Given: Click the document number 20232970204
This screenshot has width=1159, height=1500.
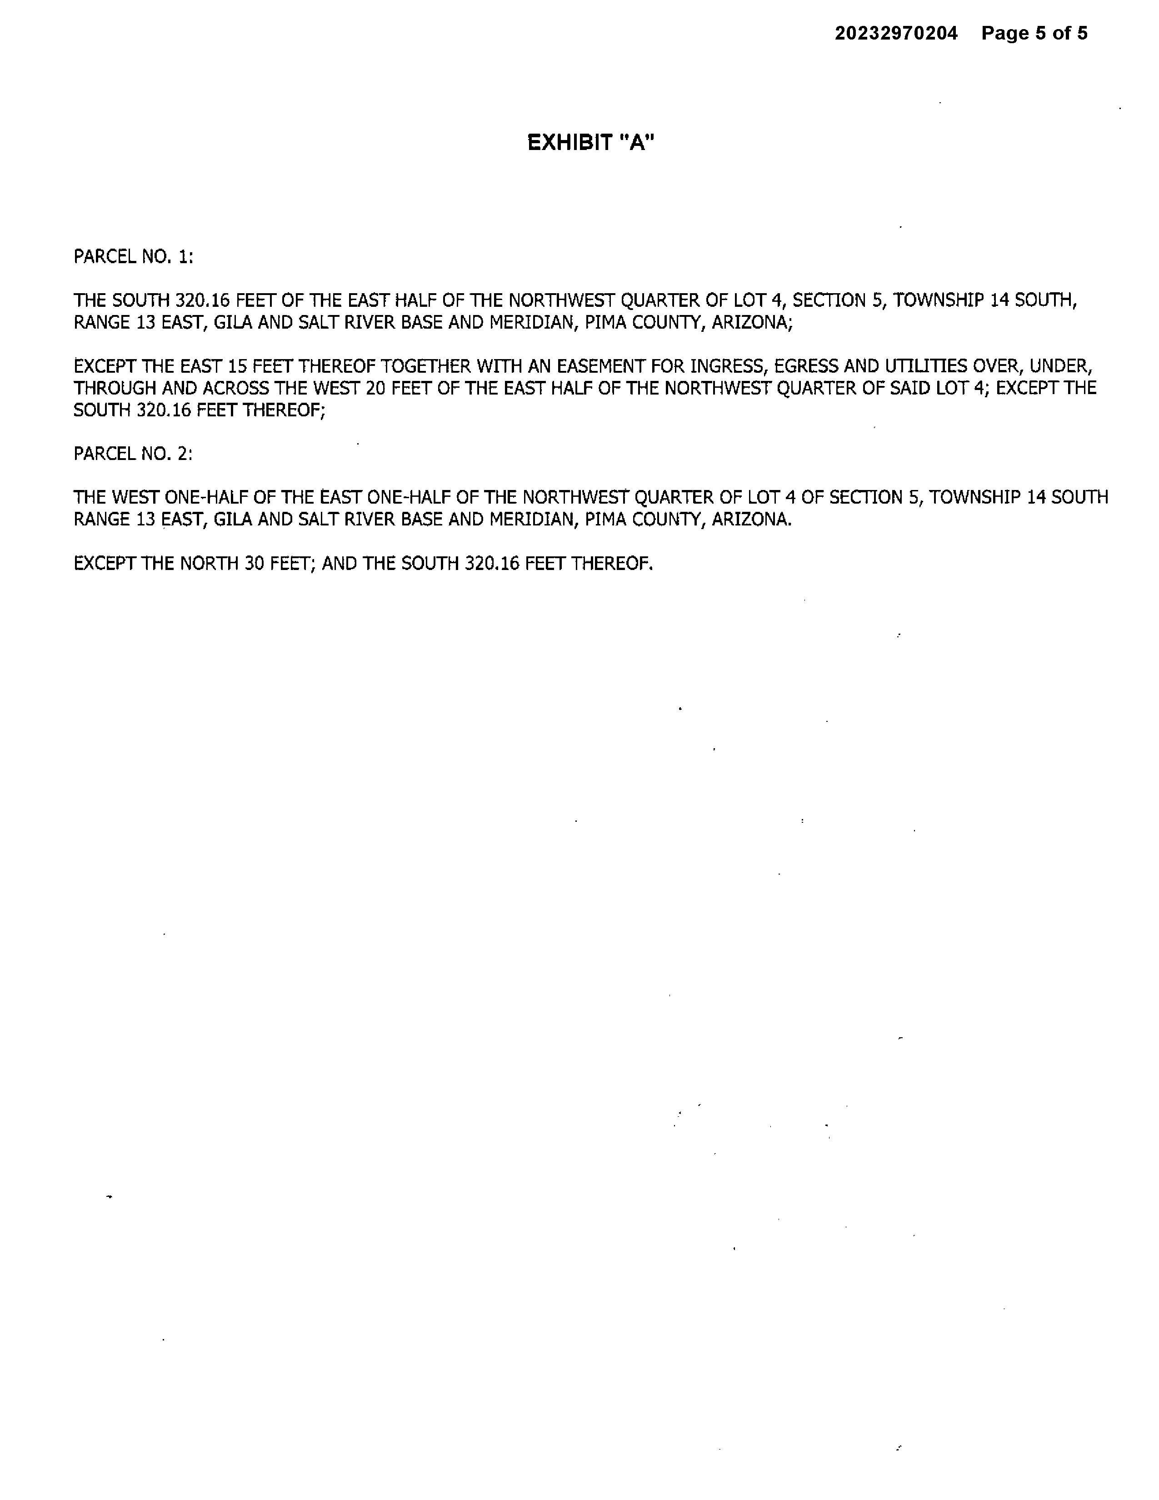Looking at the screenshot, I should (895, 33).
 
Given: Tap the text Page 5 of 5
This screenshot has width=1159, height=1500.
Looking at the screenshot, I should (1034, 33).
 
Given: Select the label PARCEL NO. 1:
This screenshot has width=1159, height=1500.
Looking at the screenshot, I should (133, 257).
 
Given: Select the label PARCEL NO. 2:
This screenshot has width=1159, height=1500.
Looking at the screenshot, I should (133, 454).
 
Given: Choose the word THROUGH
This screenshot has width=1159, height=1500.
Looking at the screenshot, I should (115, 388).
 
